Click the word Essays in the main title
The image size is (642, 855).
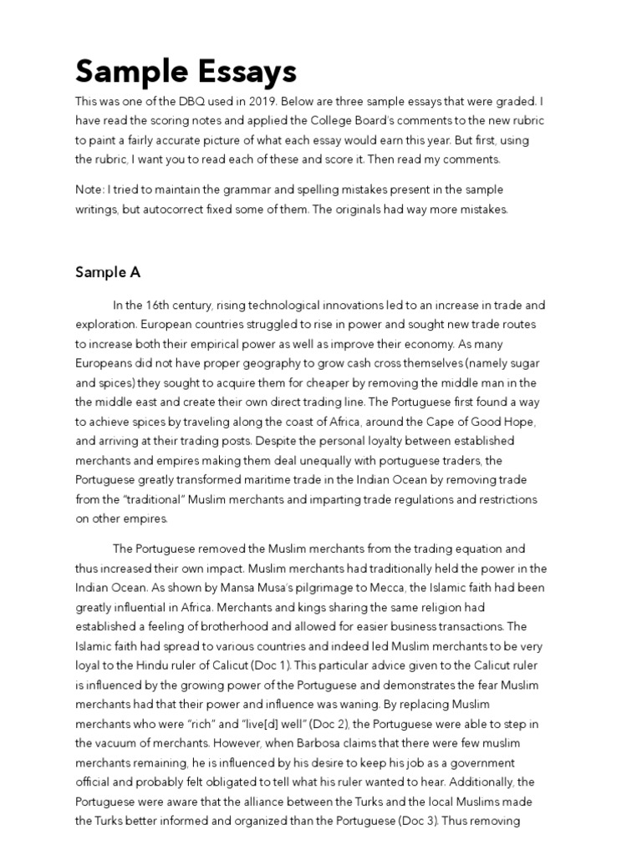[242, 72]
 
